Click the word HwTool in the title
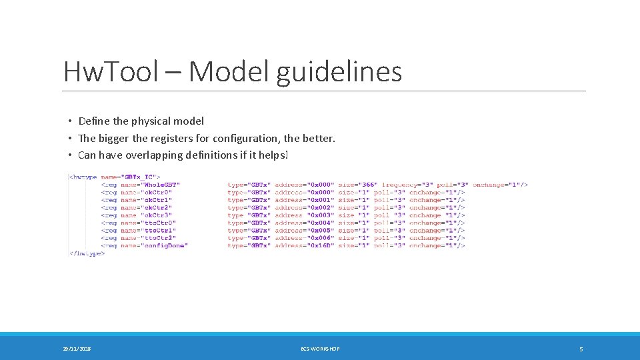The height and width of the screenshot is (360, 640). click(110, 72)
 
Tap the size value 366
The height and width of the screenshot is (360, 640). click(367, 184)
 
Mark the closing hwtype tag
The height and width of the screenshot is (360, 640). click(87, 253)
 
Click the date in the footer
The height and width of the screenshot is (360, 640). click(77, 349)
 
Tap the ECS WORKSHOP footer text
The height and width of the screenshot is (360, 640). click(320, 349)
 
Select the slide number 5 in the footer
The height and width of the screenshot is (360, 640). click(581, 349)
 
